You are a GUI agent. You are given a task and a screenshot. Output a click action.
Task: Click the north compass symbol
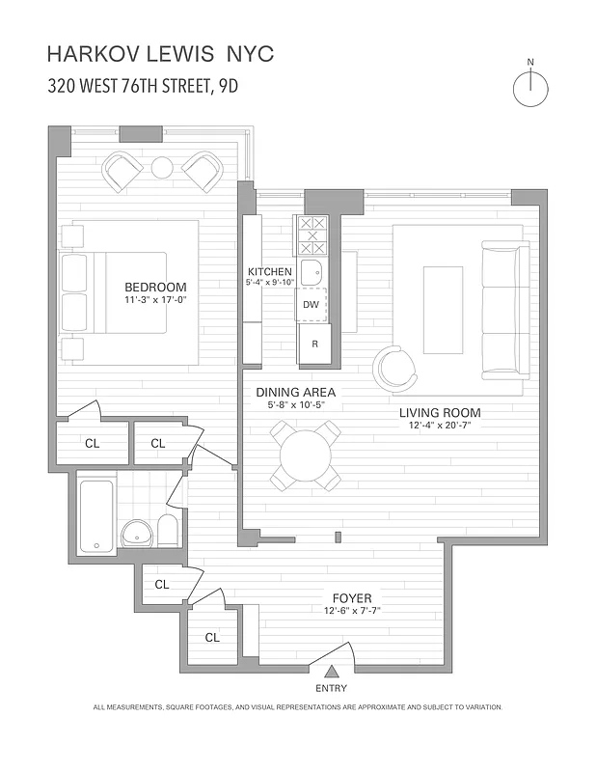coord(530,89)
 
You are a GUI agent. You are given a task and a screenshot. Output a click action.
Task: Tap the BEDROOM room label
coord(155,287)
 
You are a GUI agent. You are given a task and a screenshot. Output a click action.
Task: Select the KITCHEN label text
coord(269,271)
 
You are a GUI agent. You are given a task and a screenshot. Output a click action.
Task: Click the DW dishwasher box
coord(311,305)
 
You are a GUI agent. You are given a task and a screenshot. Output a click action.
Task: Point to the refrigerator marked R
coord(314,344)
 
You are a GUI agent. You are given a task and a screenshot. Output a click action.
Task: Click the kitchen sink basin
coord(311,272)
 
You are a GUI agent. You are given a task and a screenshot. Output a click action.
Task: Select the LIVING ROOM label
coord(440,413)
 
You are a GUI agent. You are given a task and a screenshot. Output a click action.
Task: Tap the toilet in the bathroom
coord(167,531)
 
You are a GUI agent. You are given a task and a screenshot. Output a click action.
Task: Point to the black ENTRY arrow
coord(331,672)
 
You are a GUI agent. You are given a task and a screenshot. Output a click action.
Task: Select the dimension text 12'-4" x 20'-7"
coord(440,427)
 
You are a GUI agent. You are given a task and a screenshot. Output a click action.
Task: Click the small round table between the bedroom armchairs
coord(162,167)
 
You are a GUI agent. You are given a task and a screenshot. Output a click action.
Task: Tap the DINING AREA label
coord(295,392)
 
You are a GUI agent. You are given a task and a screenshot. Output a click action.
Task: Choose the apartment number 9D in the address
coord(227,86)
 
